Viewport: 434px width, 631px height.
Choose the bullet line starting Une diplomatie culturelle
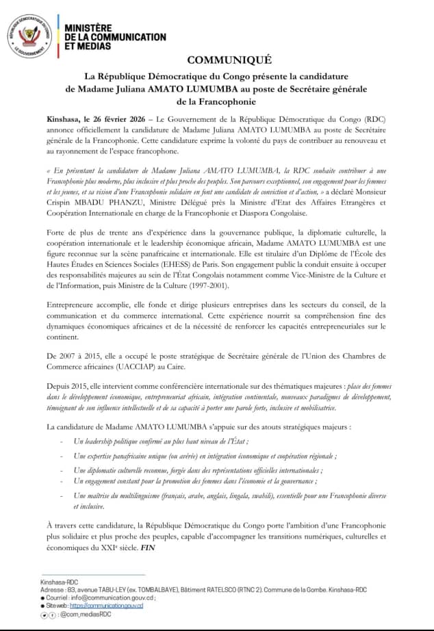coord(199,470)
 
